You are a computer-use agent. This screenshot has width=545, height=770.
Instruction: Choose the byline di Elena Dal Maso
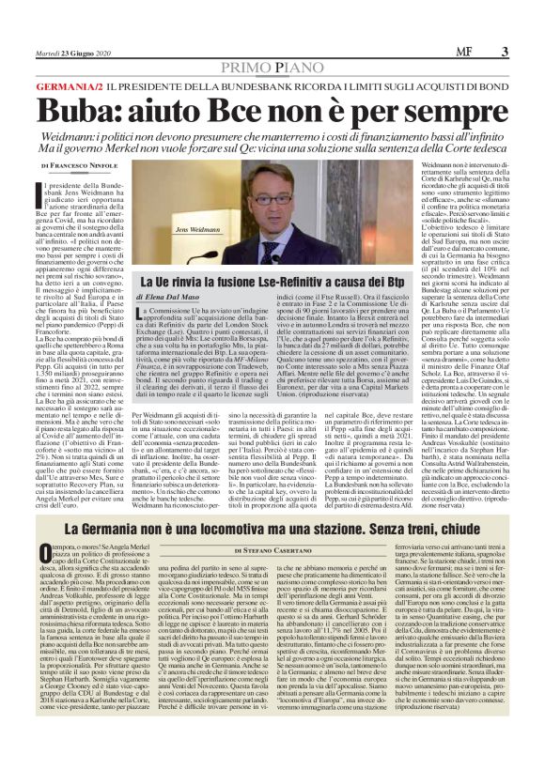tap(178, 297)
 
